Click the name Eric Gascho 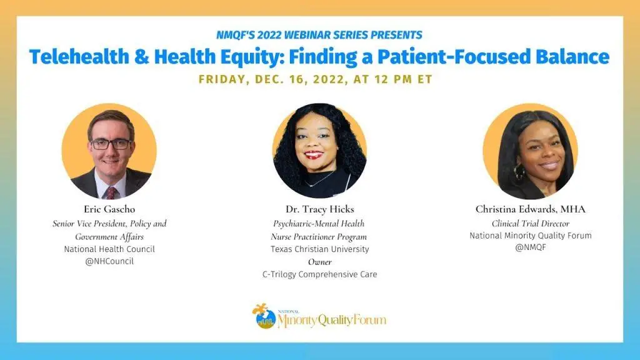(109, 209)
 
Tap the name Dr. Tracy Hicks (319, 209)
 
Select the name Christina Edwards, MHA (530, 209)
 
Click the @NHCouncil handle (109, 261)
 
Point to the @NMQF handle (530, 247)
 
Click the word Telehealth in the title (79, 57)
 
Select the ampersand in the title (141, 57)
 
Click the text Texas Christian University (319, 249)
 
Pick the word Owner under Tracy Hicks (319, 262)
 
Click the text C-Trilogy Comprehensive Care (319, 274)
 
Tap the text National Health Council (109, 249)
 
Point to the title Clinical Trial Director (530, 224)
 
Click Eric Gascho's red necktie (111, 192)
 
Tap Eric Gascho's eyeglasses (110, 144)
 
